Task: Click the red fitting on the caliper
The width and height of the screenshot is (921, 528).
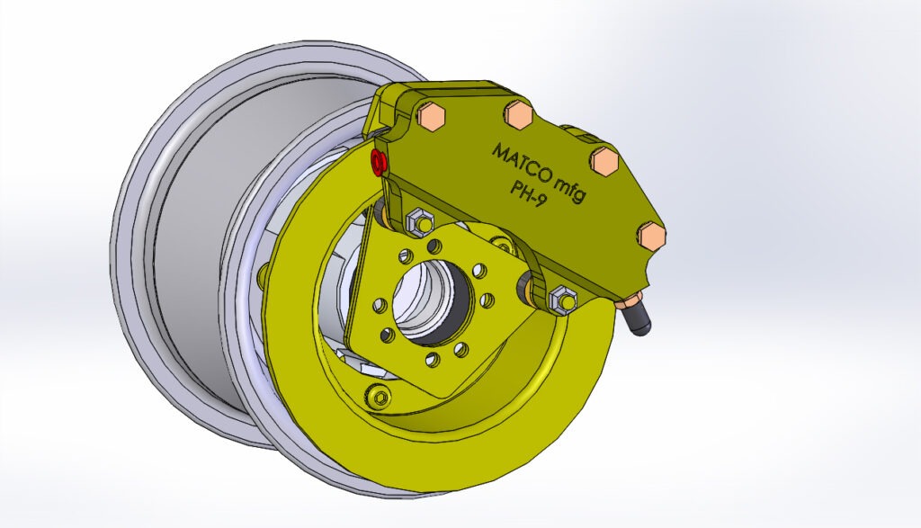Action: (x=379, y=162)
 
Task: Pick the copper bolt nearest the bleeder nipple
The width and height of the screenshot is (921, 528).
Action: (x=655, y=236)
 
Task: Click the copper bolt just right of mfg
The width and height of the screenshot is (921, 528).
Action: (x=604, y=161)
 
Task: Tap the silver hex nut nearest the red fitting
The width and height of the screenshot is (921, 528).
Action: (x=418, y=220)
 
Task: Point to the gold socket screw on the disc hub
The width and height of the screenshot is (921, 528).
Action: (x=376, y=397)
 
